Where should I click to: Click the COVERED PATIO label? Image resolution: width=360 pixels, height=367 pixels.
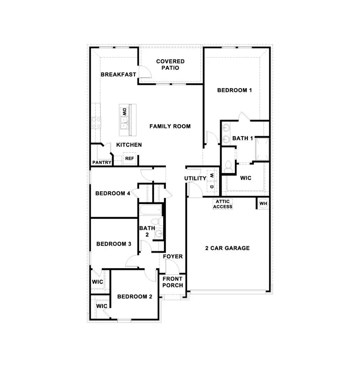[x=170, y=64]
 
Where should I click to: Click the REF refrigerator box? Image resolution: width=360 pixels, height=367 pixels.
[x=129, y=158]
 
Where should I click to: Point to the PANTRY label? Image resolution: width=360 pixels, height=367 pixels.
[x=102, y=162]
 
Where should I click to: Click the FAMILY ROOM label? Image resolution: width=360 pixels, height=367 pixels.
[x=170, y=126]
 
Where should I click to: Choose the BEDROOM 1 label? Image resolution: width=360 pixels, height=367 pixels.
[x=234, y=90]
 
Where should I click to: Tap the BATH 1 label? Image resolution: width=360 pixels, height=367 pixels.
[x=243, y=138]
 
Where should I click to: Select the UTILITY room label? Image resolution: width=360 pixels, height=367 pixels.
[x=195, y=178]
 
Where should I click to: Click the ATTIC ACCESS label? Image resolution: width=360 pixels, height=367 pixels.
[x=223, y=204]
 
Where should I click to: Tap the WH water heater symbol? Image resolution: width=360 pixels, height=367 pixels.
[x=263, y=204]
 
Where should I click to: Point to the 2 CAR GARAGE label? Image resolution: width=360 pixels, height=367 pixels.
[x=227, y=248]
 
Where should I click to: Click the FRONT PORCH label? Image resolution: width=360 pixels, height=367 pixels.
[x=173, y=282]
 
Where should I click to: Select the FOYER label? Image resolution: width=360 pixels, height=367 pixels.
[x=173, y=256]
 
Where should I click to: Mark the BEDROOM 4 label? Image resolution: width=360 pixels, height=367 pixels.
[x=113, y=193]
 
